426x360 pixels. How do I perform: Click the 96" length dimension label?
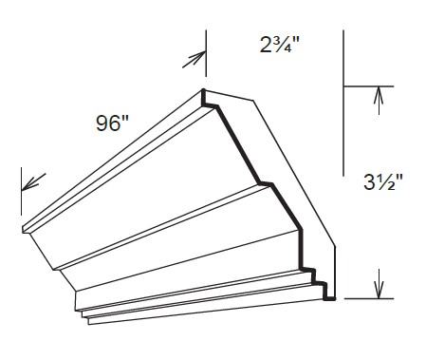click(x=109, y=123)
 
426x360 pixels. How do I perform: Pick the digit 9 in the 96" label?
click(x=100, y=123)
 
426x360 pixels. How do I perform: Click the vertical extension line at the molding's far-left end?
click(x=21, y=191)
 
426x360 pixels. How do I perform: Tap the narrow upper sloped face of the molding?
click(x=123, y=171)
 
